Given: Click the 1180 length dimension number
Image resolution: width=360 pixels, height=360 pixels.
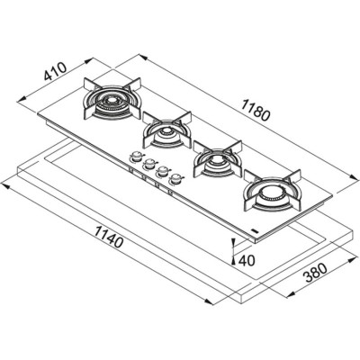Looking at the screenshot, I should pos(256,114).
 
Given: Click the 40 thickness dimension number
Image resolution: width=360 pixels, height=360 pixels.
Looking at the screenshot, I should pos(249,259).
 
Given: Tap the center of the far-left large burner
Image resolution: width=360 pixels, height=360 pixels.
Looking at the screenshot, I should pos(109,99).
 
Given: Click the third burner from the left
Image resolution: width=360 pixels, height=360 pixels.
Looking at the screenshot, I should pos(216,162).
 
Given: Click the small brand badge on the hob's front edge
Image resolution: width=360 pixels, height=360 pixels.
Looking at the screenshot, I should pos(256,231).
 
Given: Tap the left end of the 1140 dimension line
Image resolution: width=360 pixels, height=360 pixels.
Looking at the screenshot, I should pos(4,186).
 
